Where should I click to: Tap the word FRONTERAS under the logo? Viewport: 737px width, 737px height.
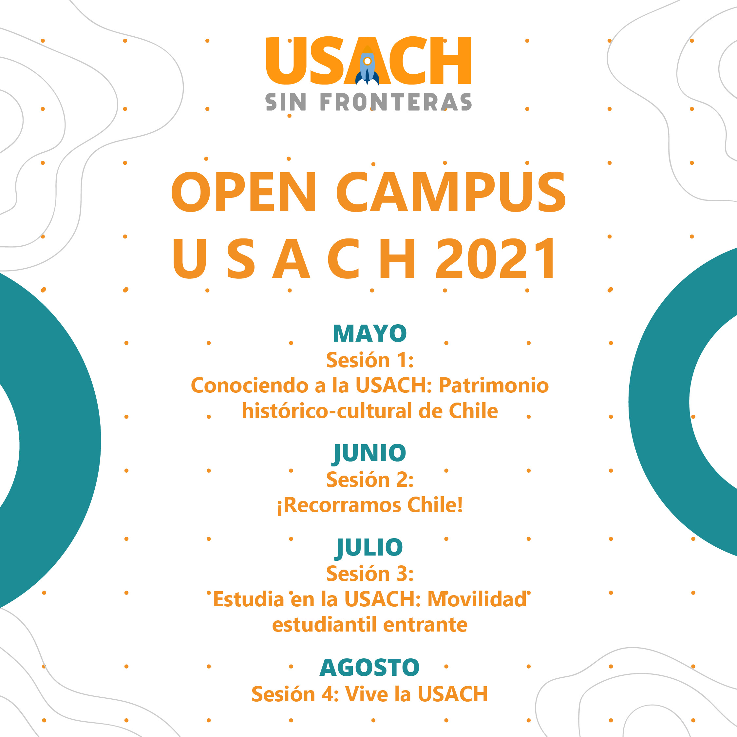(x=396, y=102)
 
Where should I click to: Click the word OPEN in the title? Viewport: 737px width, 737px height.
(x=244, y=192)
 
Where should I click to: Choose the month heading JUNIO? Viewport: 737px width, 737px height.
(x=369, y=454)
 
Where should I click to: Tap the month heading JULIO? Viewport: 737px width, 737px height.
(x=369, y=548)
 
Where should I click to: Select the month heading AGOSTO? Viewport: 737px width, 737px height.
(x=369, y=667)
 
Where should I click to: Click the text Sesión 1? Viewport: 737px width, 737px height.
(x=369, y=360)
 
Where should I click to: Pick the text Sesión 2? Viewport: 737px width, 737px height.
(x=369, y=480)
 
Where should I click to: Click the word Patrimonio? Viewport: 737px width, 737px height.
(x=494, y=385)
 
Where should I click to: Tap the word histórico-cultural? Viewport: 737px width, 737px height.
(x=327, y=411)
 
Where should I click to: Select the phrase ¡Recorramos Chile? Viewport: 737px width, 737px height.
(x=369, y=505)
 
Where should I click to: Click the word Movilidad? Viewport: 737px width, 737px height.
(x=477, y=599)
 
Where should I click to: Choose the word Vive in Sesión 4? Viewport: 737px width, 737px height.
(x=366, y=694)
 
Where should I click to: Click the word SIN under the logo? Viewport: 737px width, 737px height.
(x=286, y=102)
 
